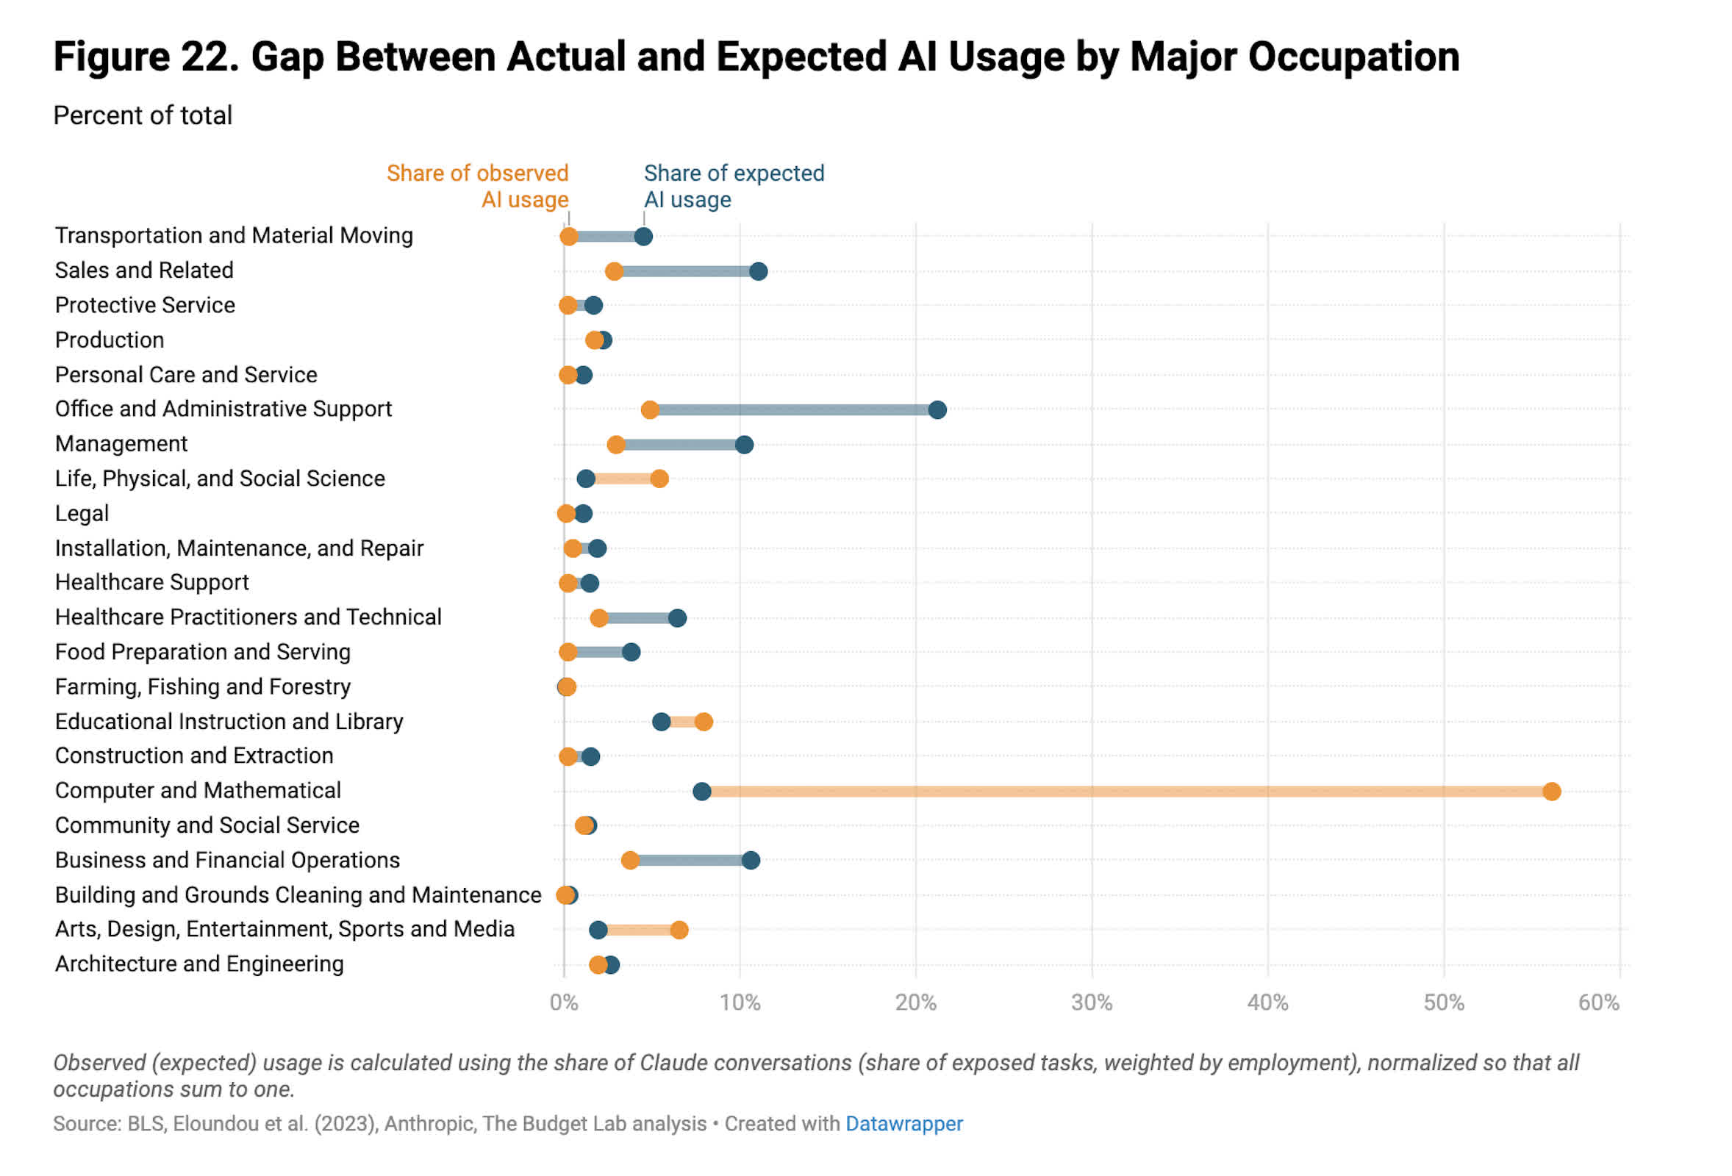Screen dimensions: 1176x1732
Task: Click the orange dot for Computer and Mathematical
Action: tap(1552, 792)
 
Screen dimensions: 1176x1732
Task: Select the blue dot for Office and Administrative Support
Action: tap(937, 410)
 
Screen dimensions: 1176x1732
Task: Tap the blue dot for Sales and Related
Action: tap(759, 271)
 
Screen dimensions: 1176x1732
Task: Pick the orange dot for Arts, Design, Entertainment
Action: tap(679, 930)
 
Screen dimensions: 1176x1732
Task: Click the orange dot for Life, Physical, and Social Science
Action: tap(659, 478)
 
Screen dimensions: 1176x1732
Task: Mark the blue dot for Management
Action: tap(744, 445)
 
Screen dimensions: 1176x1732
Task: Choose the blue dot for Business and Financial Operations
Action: tap(751, 861)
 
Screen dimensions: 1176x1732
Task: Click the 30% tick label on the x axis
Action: tap(1092, 1003)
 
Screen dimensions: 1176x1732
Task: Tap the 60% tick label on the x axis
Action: tap(1599, 1003)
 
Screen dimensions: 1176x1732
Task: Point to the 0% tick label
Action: tap(563, 1003)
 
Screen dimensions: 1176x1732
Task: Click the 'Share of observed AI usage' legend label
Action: tap(477, 186)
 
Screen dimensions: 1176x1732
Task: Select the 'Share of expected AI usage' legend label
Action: tap(734, 186)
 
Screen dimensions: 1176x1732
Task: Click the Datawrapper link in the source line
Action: tap(904, 1124)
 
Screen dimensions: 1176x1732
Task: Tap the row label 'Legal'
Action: tap(82, 514)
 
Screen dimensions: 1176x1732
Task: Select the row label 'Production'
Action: tap(110, 340)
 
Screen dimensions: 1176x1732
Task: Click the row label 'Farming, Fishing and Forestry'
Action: tap(203, 687)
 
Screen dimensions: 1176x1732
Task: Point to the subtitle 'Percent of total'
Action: tap(143, 115)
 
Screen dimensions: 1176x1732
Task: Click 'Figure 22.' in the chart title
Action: tap(146, 57)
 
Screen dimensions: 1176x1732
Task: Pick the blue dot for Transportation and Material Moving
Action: tap(644, 237)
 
